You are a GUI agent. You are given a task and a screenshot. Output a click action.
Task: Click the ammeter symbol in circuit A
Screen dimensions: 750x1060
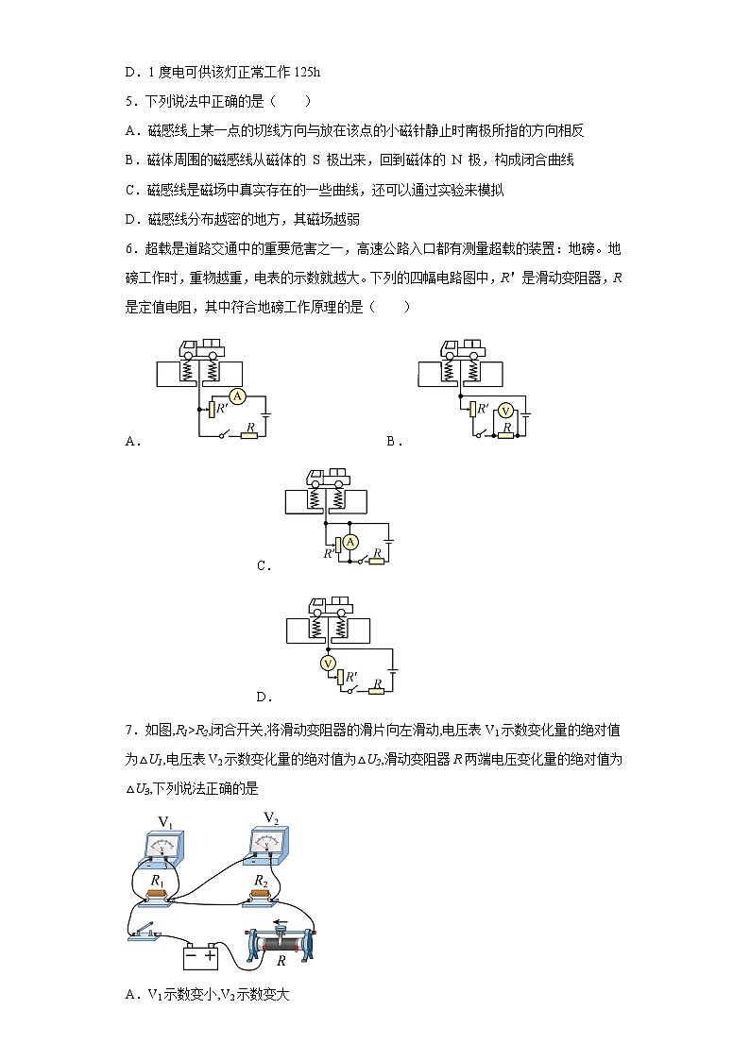[x=238, y=397]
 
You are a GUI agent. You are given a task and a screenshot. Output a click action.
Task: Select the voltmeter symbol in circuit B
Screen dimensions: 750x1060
[x=505, y=411]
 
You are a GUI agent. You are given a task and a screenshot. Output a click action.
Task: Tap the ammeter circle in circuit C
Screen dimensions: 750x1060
[x=350, y=541]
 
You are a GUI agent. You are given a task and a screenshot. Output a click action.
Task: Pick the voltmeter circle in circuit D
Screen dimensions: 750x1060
[x=329, y=664]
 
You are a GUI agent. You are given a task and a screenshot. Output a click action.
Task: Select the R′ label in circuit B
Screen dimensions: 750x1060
[x=483, y=409]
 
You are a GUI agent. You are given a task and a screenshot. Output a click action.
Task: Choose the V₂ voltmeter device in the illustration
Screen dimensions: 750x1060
[x=269, y=843]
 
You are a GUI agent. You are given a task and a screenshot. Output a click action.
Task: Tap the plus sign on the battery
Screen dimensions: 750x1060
[x=210, y=955]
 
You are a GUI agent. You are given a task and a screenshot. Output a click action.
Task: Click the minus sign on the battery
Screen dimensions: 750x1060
[x=193, y=955]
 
